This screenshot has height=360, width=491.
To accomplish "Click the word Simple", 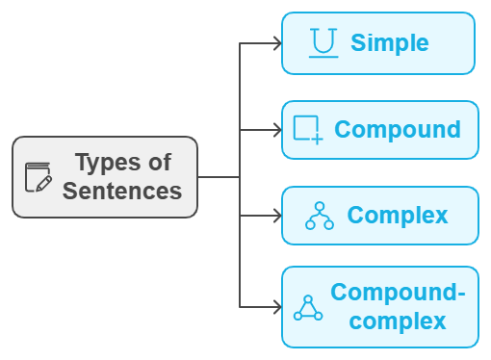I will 389,43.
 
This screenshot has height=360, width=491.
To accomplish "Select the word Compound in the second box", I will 397,130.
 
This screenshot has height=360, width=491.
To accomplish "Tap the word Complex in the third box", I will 397,216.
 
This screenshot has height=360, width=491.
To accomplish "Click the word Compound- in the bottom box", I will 397,293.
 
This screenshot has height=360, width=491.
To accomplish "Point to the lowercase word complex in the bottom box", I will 398,321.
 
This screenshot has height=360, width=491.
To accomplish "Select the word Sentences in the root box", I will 122,191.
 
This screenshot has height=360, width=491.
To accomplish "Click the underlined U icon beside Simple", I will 323,43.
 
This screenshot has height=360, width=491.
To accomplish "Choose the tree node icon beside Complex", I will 319,217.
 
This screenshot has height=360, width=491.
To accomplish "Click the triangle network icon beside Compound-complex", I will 307,307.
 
